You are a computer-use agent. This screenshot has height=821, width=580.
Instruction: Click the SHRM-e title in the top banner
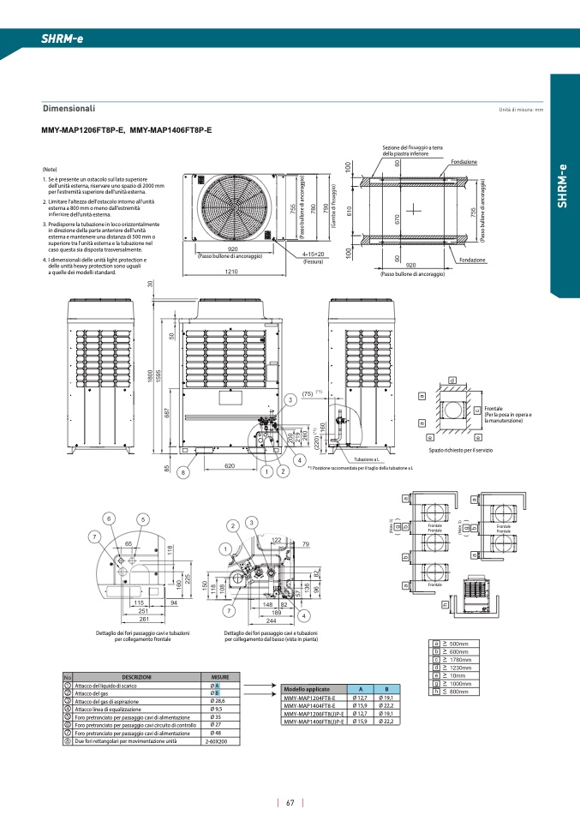pos(62,39)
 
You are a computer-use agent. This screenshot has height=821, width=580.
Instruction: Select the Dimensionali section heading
pos(69,109)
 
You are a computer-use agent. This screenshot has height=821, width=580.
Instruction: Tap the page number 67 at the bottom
pos(290,803)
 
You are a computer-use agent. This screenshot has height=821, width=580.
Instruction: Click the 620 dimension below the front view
pos(230,465)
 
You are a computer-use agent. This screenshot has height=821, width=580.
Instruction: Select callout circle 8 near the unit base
pos(182,472)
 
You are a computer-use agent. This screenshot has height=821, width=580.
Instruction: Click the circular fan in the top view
pos(232,206)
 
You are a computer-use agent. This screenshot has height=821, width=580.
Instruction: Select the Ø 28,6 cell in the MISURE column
pos(217,701)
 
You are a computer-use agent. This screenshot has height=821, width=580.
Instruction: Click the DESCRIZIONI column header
pos(136,677)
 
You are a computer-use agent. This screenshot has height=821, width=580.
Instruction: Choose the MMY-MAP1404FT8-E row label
pos(314,705)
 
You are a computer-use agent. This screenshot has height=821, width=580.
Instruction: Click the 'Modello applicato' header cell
pos(306,689)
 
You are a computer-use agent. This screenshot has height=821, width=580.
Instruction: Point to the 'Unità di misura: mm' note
pos(522,111)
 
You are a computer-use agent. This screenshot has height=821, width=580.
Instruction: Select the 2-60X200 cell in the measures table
pos(217,741)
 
